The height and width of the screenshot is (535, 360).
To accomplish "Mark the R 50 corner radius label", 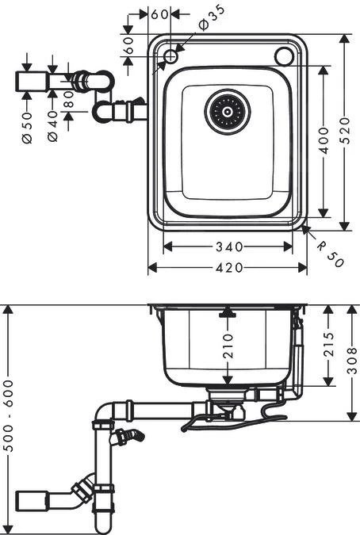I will pos(331,254).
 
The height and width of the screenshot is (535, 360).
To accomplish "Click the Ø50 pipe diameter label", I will pos(28,128).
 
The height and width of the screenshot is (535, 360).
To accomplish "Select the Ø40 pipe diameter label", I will pos(53,128).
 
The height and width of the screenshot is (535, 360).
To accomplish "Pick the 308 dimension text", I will pos(352,362).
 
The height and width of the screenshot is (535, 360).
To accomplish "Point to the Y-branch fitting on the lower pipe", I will pos(82,493).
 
